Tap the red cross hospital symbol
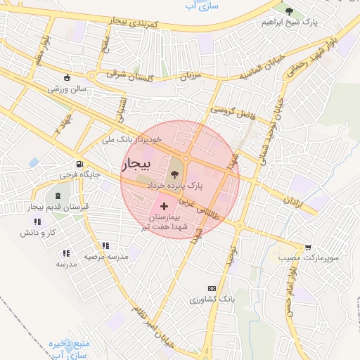(x=165, y=207)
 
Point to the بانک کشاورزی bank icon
(x=212, y=289)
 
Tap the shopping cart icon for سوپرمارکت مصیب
(x=308, y=247)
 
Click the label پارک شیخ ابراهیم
(x=290, y=22)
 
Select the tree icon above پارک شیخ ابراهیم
(x=289, y=11)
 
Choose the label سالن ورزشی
(x=66, y=89)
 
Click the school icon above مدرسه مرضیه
(x=105, y=246)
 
